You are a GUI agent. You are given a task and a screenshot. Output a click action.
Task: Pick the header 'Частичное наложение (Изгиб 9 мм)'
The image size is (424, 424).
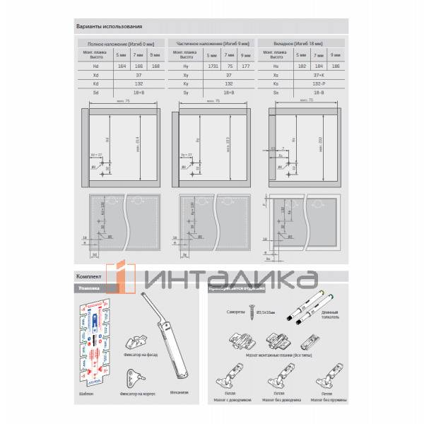point(211,44)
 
